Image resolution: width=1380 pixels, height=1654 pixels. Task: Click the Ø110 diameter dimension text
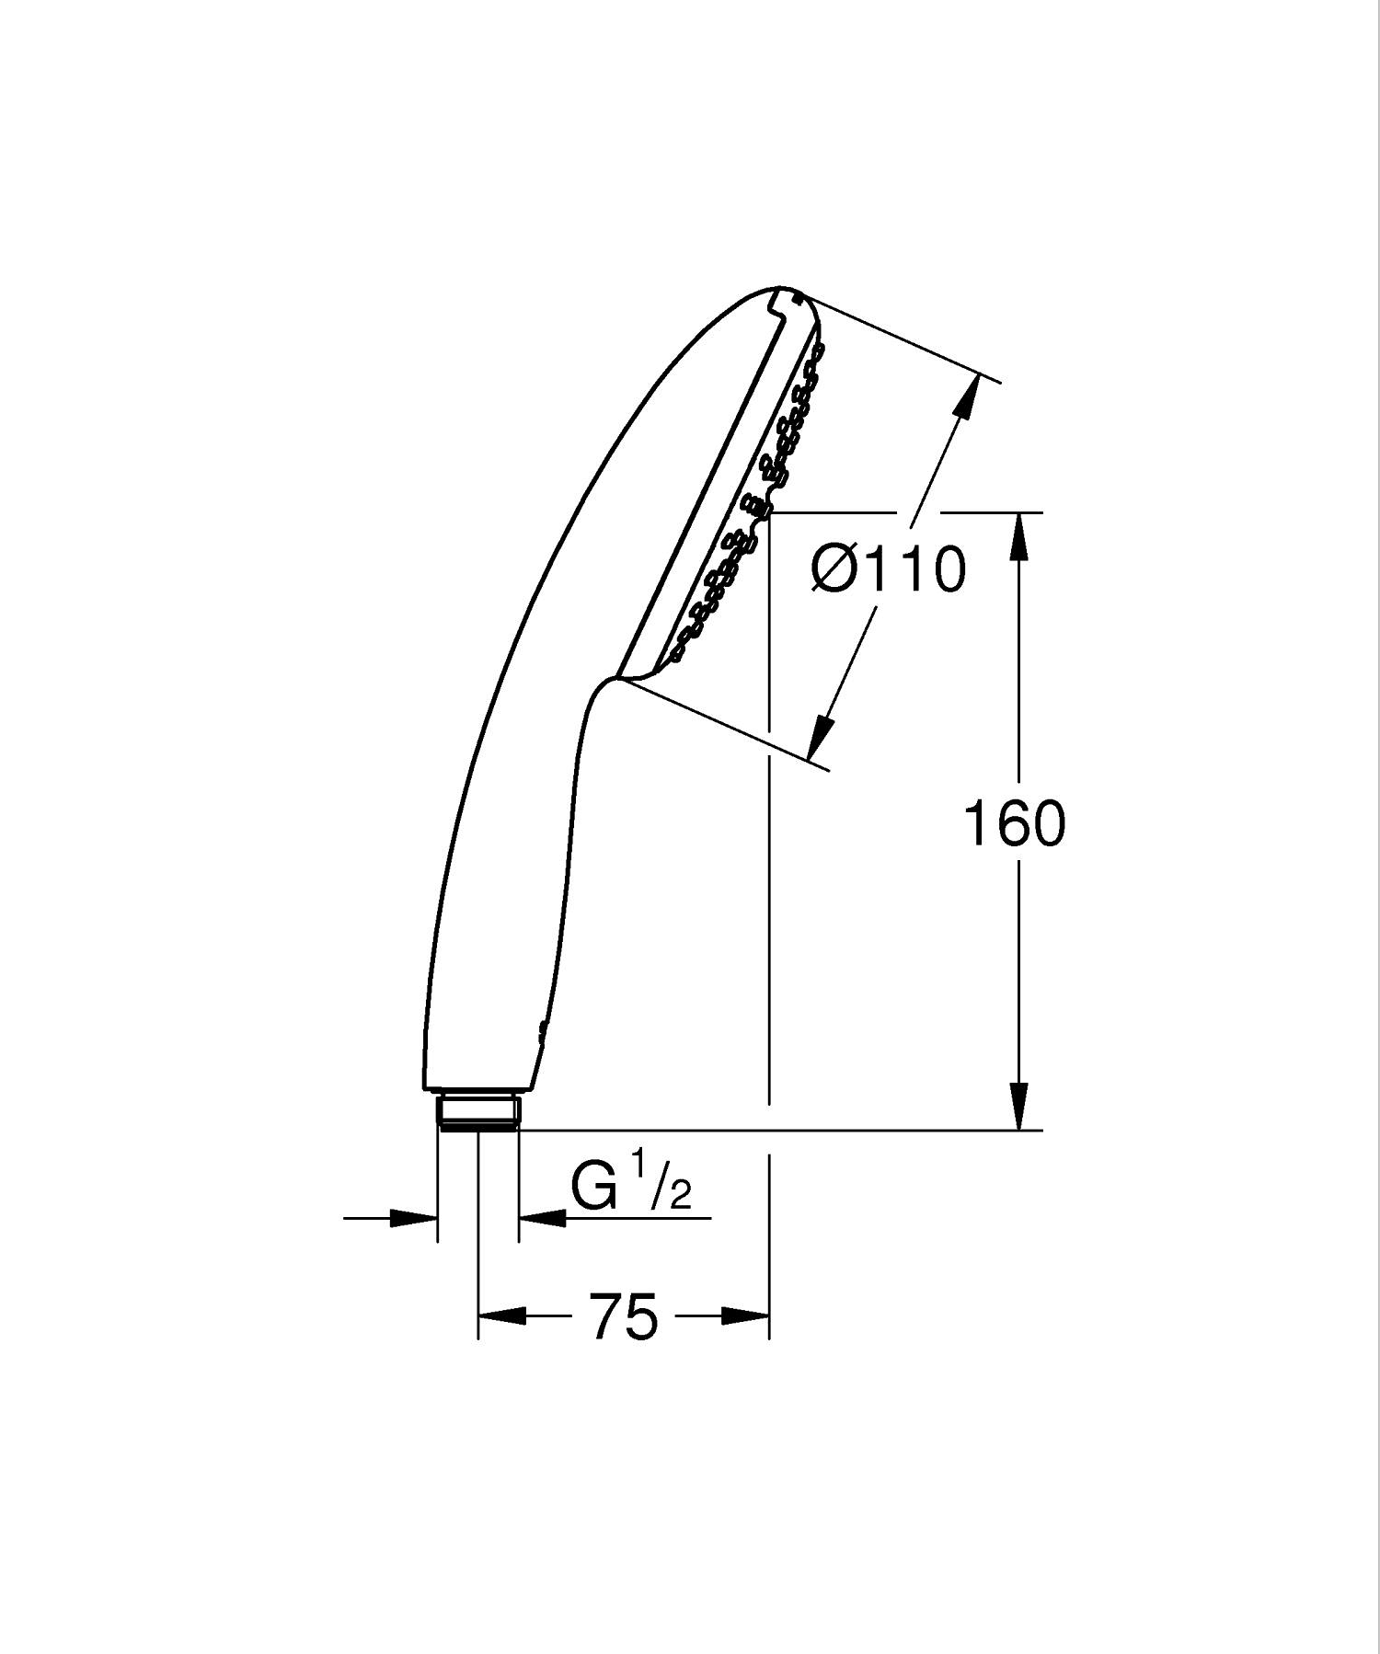tap(889, 569)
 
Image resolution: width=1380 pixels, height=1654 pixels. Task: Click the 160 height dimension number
tap(1014, 823)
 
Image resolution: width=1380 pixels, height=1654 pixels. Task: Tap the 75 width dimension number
tap(625, 1317)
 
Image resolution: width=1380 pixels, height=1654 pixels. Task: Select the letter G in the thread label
tap(593, 1188)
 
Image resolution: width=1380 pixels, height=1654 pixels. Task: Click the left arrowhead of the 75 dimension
tap(502, 1316)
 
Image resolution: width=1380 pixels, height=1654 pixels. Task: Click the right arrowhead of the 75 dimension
tap(745, 1316)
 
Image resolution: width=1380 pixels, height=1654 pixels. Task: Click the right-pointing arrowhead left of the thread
tap(413, 1218)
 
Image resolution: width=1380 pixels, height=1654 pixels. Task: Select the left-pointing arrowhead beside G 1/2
tap(543, 1218)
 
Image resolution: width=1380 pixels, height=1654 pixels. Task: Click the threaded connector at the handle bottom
tap(478, 1111)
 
